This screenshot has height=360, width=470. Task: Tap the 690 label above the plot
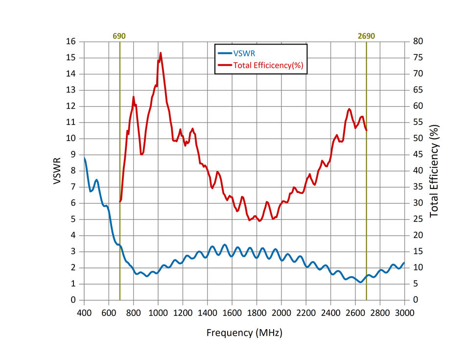tap(119, 36)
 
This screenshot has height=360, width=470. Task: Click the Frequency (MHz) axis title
tap(244, 333)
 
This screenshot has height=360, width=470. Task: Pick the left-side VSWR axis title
tap(57, 170)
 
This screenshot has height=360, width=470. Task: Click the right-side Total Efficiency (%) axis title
tap(434, 170)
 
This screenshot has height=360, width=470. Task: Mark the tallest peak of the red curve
tap(161, 53)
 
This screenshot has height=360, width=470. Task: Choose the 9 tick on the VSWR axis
tap(74, 155)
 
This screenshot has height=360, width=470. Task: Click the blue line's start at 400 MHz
tap(85, 158)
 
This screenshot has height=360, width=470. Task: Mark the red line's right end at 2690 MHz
tap(366, 130)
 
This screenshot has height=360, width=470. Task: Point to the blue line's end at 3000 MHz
tap(404, 263)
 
